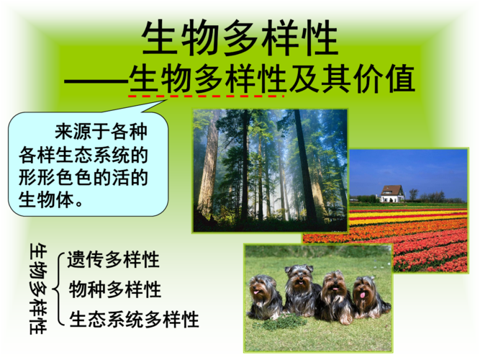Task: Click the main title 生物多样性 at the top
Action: point(240,37)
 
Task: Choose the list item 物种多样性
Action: point(114,289)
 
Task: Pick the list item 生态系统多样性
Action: point(134,319)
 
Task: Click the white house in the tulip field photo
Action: point(391,193)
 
